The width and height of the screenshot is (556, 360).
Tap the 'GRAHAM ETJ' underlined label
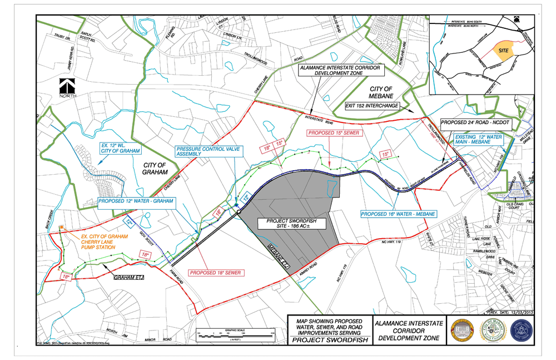(128, 276)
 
